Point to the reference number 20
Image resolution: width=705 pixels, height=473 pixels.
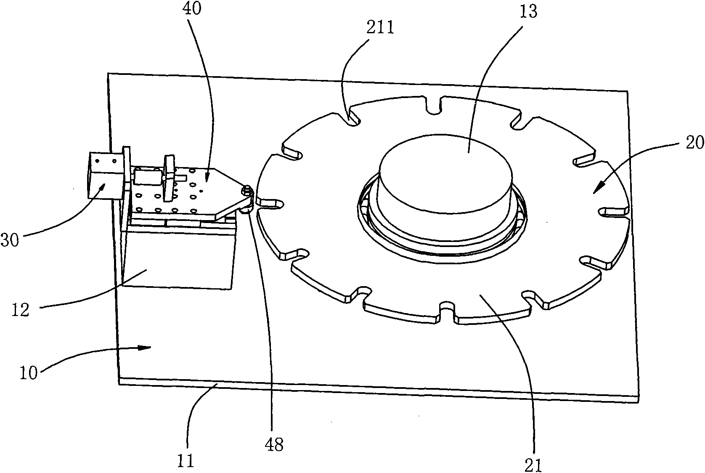tap(693, 143)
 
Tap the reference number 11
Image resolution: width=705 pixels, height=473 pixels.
tap(186, 461)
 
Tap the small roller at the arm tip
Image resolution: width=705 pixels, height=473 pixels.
tap(246, 193)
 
